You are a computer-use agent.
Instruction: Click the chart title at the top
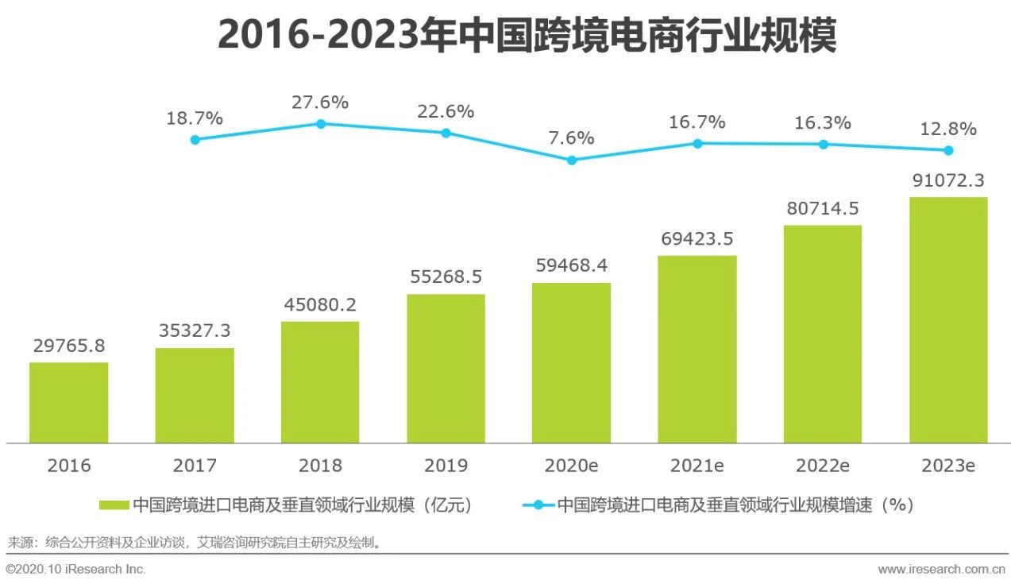click(527, 36)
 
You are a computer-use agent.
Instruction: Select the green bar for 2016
click(69, 402)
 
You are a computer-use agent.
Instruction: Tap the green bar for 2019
click(446, 368)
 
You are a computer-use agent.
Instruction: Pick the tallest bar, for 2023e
click(948, 319)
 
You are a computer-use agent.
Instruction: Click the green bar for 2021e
click(697, 349)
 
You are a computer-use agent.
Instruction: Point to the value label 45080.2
click(320, 304)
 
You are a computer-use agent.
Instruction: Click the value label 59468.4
click(571, 265)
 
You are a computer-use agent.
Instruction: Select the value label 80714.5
click(822, 208)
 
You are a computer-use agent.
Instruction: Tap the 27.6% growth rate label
click(320, 103)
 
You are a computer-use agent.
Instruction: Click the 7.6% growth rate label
click(571, 138)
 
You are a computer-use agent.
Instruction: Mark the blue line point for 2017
click(195, 140)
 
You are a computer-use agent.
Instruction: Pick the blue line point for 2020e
click(571, 160)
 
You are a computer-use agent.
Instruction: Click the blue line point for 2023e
click(948, 150)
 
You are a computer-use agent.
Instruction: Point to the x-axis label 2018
click(320, 466)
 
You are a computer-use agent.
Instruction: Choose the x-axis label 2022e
click(822, 466)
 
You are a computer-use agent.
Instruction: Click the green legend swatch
click(114, 505)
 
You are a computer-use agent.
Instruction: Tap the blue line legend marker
click(538, 505)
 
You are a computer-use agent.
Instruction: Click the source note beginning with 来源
click(195, 544)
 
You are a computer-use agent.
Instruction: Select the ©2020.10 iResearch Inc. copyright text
click(76, 569)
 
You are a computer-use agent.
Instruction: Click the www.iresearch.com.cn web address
click(941, 569)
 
